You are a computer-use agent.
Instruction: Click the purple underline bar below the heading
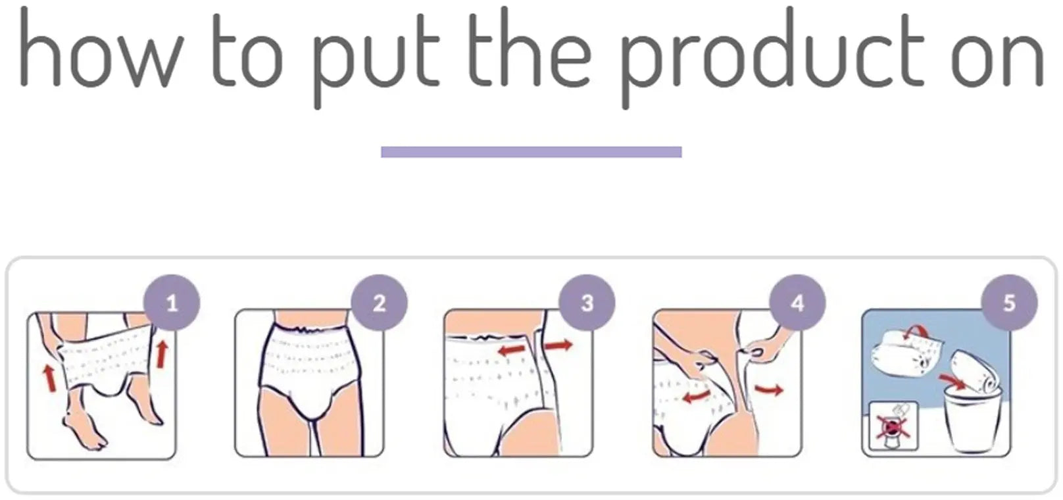tap(531, 152)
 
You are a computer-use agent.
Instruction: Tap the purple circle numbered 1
tap(172, 303)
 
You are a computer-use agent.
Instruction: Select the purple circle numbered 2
tap(380, 303)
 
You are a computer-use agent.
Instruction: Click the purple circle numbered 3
tap(587, 303)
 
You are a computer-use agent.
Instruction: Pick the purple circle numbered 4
tap(797, 303)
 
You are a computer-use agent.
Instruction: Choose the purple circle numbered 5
tap(1009, 303)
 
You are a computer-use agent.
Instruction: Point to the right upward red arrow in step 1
tap(161, 353)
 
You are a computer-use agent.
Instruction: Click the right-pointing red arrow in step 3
tap(558, 345)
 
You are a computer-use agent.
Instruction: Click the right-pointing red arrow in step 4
tap(769, 390)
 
